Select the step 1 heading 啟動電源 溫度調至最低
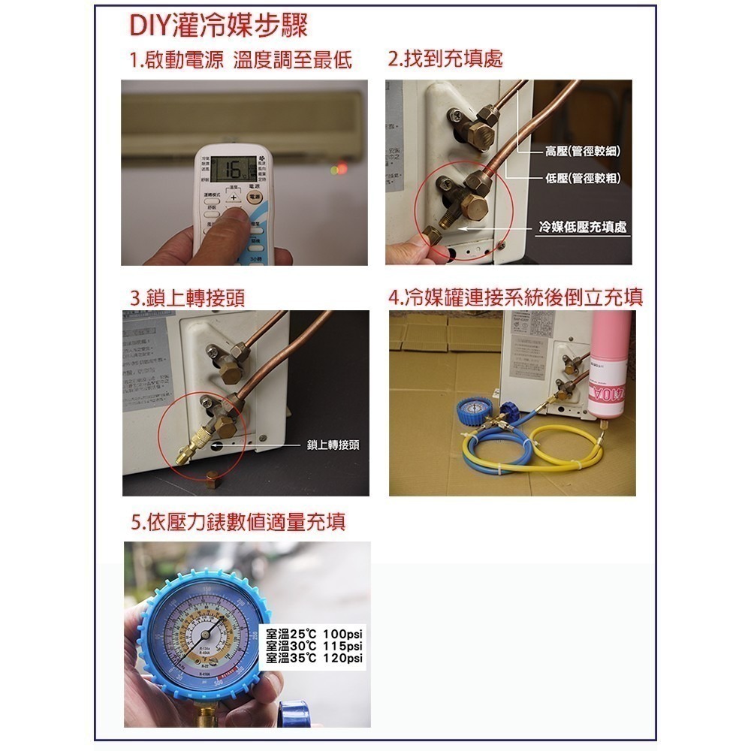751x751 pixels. tap(240, 60)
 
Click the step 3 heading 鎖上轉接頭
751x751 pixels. tap(187, 297)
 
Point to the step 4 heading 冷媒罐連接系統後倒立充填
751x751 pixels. tap(516, 297)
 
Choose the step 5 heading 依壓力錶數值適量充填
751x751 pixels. tap(238, 522)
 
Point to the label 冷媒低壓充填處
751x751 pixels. tap(583, 226)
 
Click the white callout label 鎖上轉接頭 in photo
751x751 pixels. tap(333, 445)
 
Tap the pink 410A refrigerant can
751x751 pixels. tap(608, 368)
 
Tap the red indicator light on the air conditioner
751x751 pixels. tap(342, 168)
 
